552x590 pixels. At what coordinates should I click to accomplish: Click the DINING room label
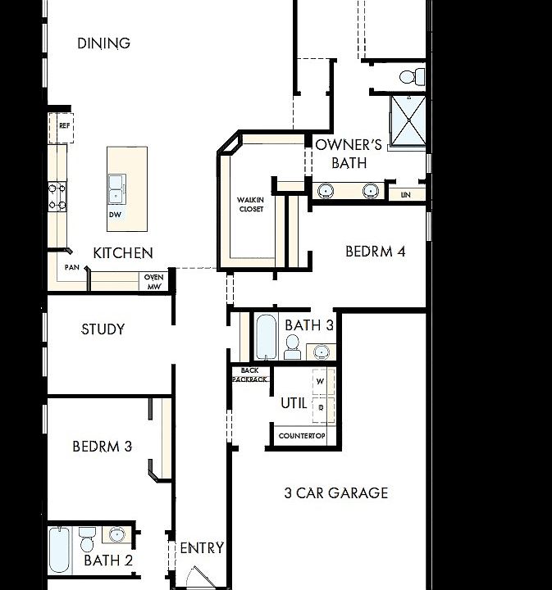pos(104,43)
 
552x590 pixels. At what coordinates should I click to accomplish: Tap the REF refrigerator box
pos(63,127)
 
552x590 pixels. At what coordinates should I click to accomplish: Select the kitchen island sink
pos(118,188)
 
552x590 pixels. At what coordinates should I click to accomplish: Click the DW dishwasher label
pos(115,215)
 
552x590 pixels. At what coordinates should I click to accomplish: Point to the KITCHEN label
pos(123,253)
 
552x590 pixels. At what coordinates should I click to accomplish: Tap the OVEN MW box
pos(154,281)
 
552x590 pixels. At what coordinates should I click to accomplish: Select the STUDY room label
pos(103,329)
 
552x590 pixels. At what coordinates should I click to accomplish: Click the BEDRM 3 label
pos(103,447)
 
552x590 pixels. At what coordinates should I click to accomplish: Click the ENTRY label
pos(202,548)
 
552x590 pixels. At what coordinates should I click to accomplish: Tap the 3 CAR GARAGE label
pos(336,493)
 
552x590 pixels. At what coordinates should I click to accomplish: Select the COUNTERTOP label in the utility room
pos(303,435)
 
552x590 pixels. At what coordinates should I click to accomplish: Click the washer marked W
pos(321,381)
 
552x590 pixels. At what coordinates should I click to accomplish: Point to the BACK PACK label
pos(250,375)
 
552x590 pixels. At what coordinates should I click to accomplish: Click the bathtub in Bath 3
pos(267,336)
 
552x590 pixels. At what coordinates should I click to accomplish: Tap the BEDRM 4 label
pos(376,252)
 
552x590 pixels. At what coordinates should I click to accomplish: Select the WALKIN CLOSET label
pos(250,204)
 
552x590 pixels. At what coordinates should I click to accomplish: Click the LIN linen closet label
pos(405,195)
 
